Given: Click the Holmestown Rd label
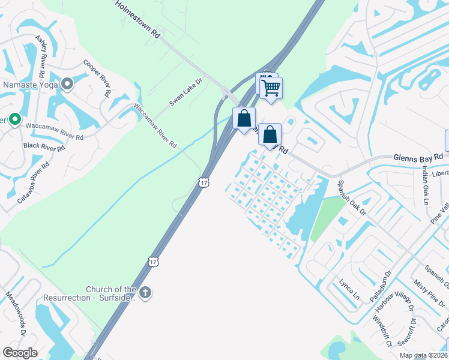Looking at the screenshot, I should pyautogui.click(x=137, y=19).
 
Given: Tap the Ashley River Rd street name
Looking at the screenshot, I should pyautogui.click(x=41, y=56).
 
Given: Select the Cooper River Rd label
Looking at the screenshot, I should pyautogui.click(x=97, y=78).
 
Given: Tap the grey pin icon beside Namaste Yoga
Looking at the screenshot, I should pyautogui.click(x=67, y=85).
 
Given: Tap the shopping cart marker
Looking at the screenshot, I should pyautogui.click(x=271, y=88).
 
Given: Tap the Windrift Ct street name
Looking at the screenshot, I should pyautogui.click(x=381, y=331).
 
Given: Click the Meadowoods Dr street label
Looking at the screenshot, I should pyautogui.click(x=16, y=313).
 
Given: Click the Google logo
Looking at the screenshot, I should pyautogui.click(x=20, y=353).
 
